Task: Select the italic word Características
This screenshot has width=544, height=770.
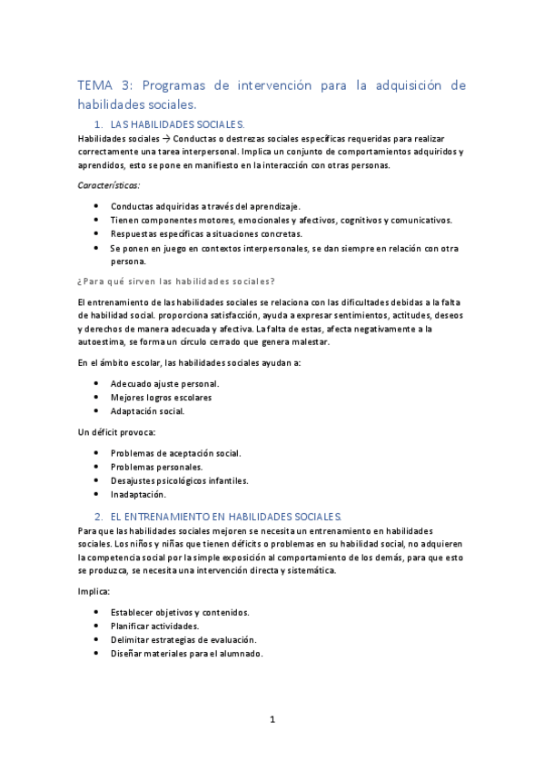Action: pyautogui.click(x=102, y=186)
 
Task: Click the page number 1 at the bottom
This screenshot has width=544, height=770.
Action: pyautogui.click(x=272, y=720)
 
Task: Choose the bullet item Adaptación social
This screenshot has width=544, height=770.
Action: pyautogui.click(x=147, y=410)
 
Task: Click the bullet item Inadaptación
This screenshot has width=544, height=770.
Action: pyautogui.click(x=138, y=494)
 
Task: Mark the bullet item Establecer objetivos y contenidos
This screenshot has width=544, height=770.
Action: pyautogui.click(x=180, y=612)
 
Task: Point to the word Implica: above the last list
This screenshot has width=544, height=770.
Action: pyautogui.click(x=94, y=591)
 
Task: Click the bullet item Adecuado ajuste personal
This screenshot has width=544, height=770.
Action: pyautogui.click(x=164, y=383)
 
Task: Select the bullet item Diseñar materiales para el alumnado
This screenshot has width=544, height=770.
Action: pyautogui.click(x=186, y=653)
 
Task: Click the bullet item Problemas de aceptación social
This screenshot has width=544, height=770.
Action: pyautogui.click(x=175, y=453)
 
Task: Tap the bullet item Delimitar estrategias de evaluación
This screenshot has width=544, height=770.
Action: pyautogui.click(x=183, y=639)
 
